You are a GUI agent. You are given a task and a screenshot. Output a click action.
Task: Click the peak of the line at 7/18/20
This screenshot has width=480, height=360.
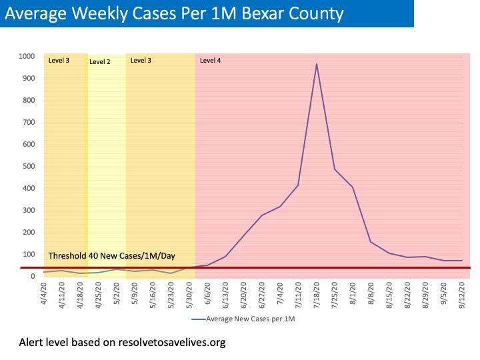(317, 64)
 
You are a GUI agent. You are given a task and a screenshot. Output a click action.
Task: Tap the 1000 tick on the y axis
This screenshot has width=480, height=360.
(27, 57)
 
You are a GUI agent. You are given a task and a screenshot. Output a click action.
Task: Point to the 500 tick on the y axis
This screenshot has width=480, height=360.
(29, 167)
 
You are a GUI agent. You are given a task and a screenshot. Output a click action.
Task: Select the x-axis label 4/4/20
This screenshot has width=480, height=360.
(45, 294)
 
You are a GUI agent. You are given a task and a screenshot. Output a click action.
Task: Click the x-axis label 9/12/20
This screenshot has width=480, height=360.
(462, 294)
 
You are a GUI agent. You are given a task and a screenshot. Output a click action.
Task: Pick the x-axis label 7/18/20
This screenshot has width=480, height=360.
(317, 294)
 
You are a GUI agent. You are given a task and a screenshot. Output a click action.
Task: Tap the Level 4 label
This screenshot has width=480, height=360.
(210, 61)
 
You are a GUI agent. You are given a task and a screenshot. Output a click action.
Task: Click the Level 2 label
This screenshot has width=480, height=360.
(99, 61)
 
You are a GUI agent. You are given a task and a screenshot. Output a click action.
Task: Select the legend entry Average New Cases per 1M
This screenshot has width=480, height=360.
(252, 319)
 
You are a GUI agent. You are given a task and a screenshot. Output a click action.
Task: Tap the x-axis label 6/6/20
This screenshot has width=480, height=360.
(207, 294)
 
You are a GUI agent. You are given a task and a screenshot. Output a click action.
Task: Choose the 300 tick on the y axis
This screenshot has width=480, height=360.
(29, 211)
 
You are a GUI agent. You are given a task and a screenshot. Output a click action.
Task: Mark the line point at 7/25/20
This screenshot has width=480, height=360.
(335, 169)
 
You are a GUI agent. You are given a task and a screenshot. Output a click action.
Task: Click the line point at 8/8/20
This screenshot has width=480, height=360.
(371, 242)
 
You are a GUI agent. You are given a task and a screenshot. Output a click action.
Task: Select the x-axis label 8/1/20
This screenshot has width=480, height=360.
(353, 294)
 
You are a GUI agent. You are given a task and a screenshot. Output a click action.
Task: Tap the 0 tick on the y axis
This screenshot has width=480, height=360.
(32, 277)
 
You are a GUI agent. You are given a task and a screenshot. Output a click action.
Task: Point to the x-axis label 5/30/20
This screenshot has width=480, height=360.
(190, 294)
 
